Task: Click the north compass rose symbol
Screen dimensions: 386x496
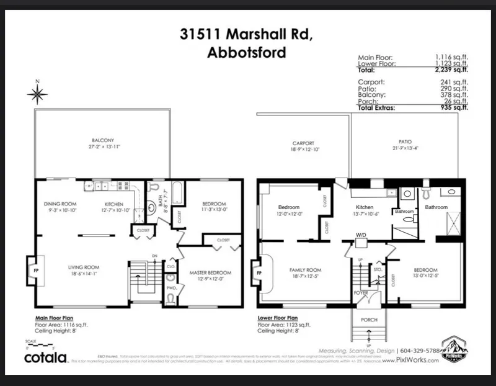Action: [37, 93]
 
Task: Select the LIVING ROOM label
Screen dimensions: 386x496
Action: [84, 268]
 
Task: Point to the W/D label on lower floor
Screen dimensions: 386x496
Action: [360, 235]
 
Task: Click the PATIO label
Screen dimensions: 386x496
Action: [405, 141]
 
